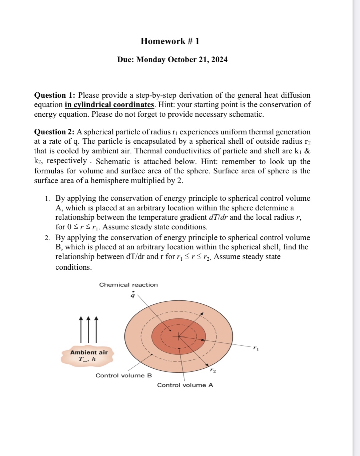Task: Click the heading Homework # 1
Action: click(170, 41)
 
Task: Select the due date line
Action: click(172, 59)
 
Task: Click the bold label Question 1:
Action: click(55, 95)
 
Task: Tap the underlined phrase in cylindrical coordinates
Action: click(109, 105)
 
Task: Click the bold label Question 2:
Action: click(55, 132)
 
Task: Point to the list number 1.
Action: click(47, 199)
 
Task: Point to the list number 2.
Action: click(47, 238)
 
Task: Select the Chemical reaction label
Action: click(128, 285)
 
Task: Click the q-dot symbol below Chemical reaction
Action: click(133, 295)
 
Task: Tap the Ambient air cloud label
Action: click(89, 353)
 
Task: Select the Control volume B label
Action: click(123, 375)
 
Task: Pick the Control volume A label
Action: click(185, 385)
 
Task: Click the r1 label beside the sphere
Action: click(256, 348)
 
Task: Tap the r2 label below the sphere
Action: click(213, 370)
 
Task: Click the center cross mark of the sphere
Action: click(179, 337)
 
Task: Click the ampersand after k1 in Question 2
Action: click(307, 151)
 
